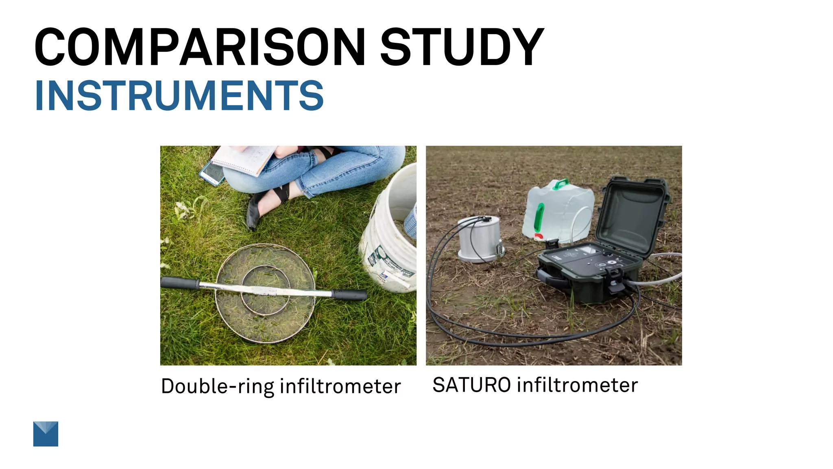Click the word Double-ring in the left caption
pos(217,386)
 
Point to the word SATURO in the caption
pos(471,385)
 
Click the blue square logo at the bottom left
pos(46,434)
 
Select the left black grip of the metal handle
pos(179,283)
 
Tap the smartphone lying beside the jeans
pos(212,173)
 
